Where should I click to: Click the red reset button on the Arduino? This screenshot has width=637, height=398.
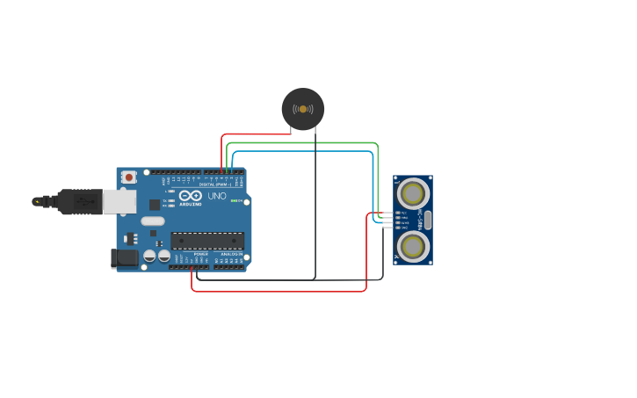(x=129, y=177)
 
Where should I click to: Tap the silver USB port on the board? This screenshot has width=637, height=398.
(x=119, y=201)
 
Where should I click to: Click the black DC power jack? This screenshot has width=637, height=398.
(x=124, y=257)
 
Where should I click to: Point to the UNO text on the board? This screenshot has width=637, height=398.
(x=217, y=196)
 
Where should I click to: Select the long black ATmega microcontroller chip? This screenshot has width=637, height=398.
(x=207, y=240)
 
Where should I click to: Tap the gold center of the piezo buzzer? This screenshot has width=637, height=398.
(x=303, y=109)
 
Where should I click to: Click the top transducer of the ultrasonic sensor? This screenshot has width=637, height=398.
(x=413, y=193)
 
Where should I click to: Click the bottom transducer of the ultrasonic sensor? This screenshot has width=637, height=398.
(x=413, y=246)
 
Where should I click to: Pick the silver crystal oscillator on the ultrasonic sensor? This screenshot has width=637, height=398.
(x=428, y=220)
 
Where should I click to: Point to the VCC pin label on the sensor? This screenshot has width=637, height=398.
(x=404, y=213)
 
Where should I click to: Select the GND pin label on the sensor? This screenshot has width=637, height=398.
(x=404, y=228)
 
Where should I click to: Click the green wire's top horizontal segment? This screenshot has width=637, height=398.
(x=303, y=142)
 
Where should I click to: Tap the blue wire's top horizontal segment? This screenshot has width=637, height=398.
(x=303, y=151)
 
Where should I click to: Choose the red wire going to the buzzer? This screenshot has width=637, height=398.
(x=255, y=134)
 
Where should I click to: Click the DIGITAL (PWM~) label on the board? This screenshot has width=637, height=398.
(x=214, y=185)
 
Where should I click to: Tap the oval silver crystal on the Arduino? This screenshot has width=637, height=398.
(x=153, y=221)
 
